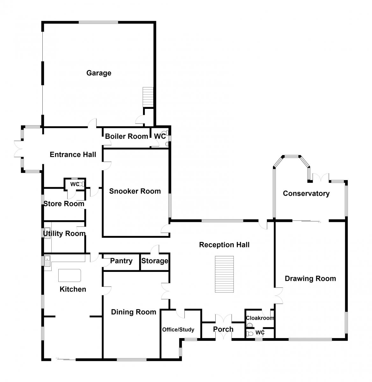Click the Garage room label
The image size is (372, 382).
[99, 73]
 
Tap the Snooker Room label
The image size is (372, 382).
[135, 191]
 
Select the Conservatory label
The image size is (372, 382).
[306, 193]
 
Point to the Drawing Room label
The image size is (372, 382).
[310, 279]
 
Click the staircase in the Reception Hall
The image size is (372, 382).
[224, 274]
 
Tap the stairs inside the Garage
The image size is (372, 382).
[148, 97]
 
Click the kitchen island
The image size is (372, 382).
[69, 275]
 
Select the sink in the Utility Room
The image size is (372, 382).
[47, 233]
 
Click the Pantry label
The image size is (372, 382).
[121, 261]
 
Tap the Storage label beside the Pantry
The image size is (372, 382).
[154, 261]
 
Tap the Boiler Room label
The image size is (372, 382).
[126, 136]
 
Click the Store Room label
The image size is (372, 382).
[64, 204]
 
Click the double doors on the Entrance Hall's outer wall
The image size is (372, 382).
[18, 149]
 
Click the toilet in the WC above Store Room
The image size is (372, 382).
[82, 184]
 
